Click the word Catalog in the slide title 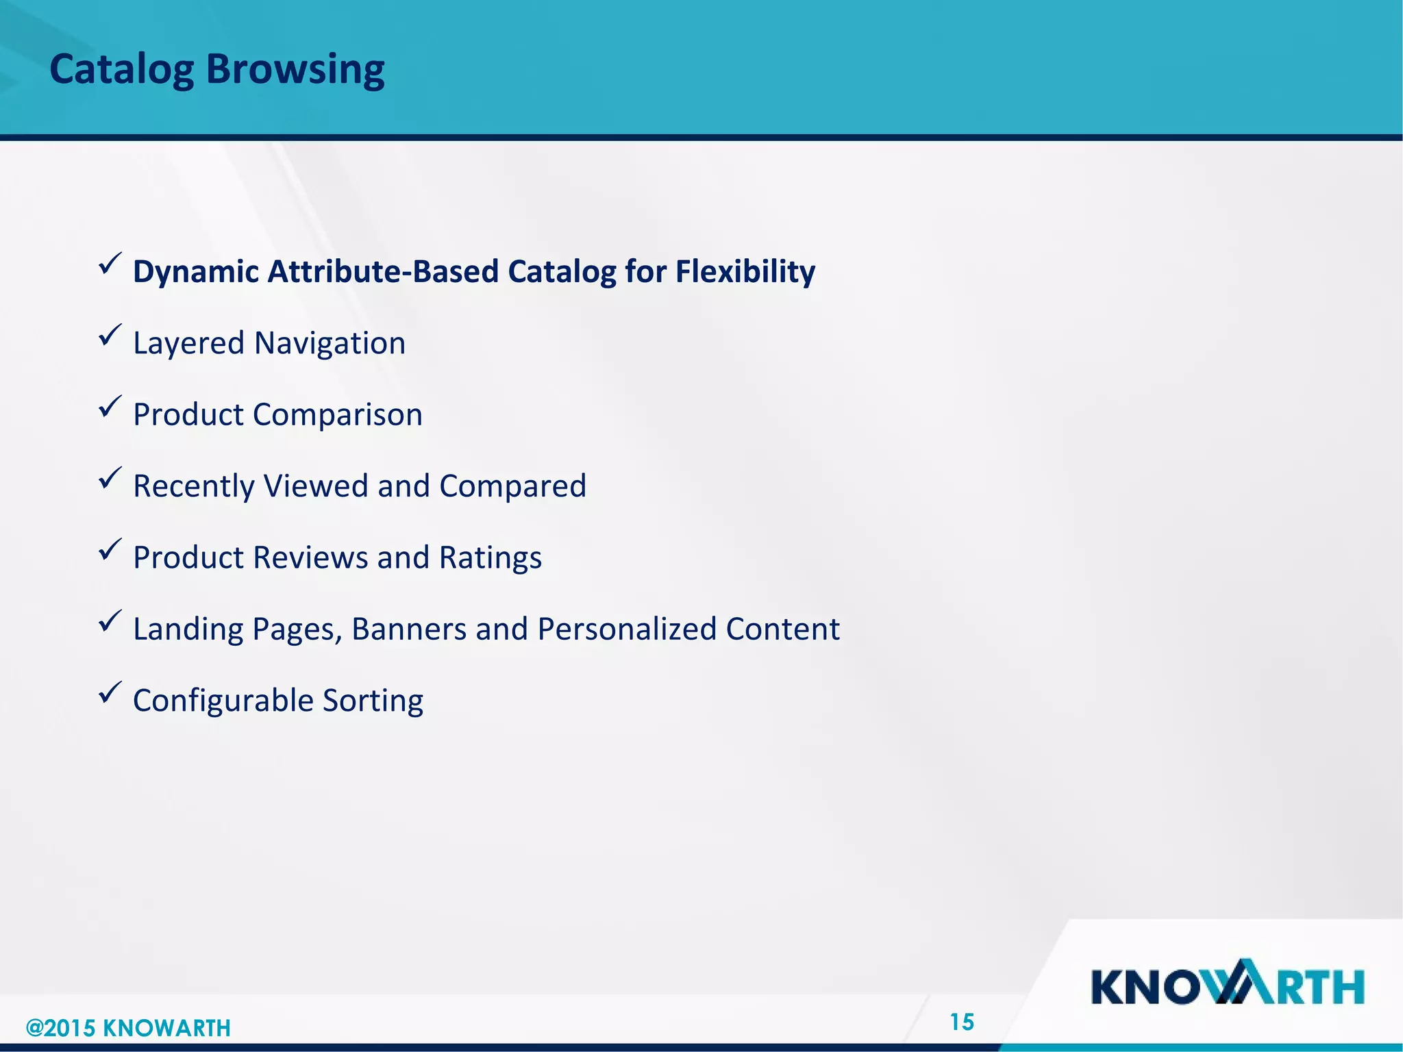pos(121,70)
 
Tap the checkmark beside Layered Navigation pos(110,335)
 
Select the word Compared pos(512,486)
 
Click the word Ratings pos(490,558)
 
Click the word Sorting pos(373,701)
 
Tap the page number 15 pos(962,1022)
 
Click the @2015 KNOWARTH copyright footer pos(128,1028)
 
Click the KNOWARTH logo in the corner pos(1227,984)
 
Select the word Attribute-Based pos(383,272)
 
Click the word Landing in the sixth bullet pos(188,629)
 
